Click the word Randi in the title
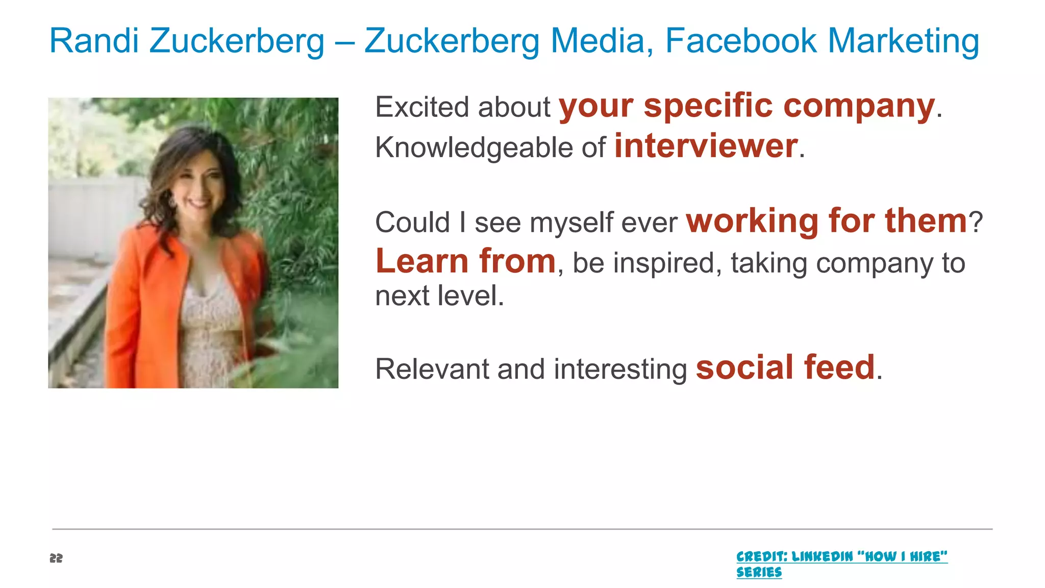click(94, 41)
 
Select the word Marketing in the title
click(903, 41)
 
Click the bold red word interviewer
click(706, 146)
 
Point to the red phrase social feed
click(785, 367)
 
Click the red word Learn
click(421, 261)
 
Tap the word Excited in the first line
click(422, 107)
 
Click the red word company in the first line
click(859, 106)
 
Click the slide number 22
click(56, 558)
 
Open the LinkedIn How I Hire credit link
click(841, 556)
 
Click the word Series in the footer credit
click(759, 572)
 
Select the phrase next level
click(439, 296)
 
